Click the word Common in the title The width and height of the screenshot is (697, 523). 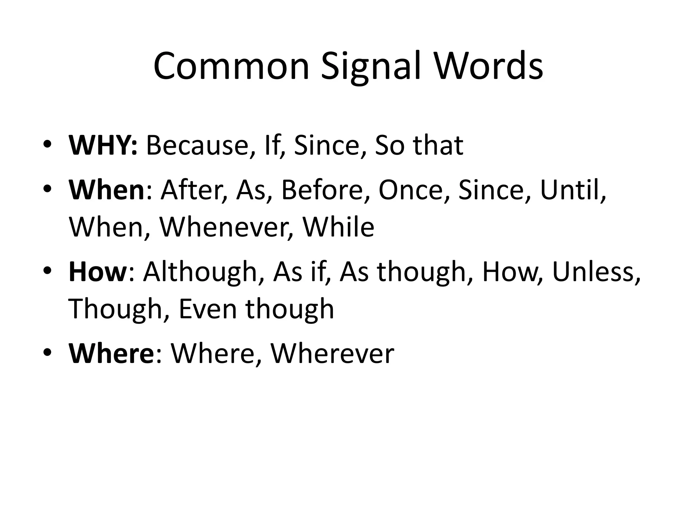pos(231,66)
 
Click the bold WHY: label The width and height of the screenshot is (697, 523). pos(103,145)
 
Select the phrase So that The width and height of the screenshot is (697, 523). pos(419,145)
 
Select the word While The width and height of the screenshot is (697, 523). pos(339,227)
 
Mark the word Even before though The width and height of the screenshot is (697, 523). pos(208,309)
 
